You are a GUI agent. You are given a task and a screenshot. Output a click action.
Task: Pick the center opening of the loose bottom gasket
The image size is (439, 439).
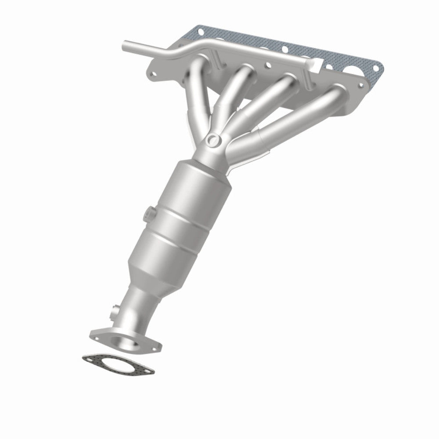pyautogui.click(x=118, y=365)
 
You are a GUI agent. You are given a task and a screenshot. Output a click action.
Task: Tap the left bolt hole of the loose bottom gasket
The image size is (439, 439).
pyautogui.click(x=90, y=359)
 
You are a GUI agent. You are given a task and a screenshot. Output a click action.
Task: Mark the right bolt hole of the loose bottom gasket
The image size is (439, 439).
pyautogui.click(x=148, y=371)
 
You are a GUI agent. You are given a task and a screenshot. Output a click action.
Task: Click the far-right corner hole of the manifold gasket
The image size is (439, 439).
pyautogui.click(x=375, y=68)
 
